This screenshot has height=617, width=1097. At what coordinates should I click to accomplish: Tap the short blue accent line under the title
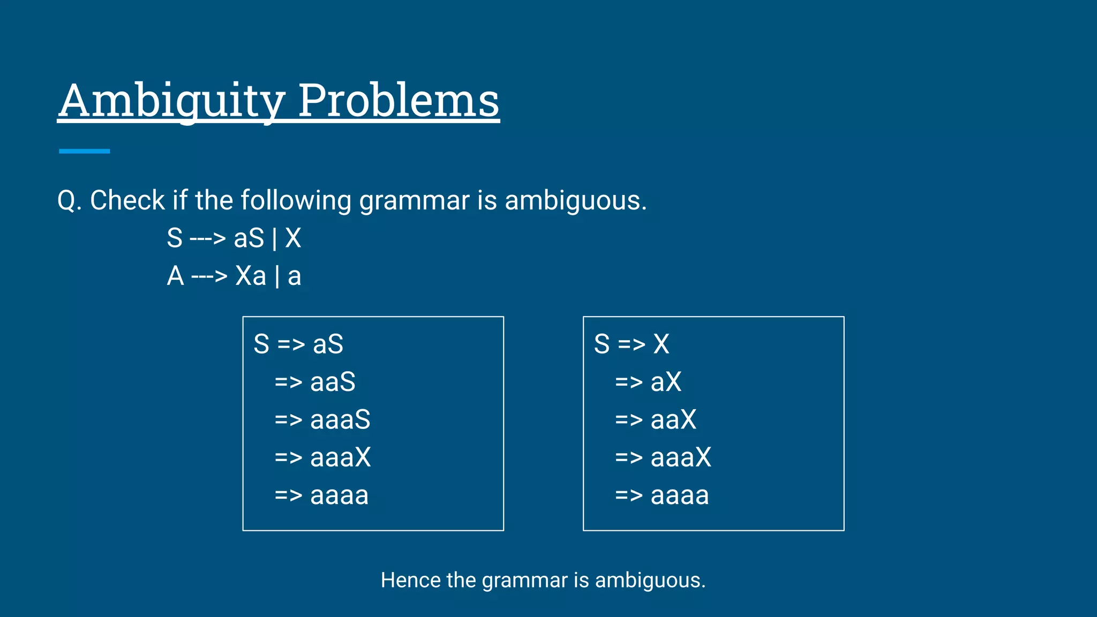point(84,152)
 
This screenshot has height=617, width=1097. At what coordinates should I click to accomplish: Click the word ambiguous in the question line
point(575,201)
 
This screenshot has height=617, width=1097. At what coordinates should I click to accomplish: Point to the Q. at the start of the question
point(69,201)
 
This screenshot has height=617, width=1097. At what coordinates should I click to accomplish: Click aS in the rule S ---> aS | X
point(249,238)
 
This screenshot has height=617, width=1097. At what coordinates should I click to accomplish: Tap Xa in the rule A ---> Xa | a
point(251,276)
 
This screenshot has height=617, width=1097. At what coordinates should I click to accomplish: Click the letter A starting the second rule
point(175,276)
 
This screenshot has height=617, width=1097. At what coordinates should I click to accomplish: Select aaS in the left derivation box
point(333,382)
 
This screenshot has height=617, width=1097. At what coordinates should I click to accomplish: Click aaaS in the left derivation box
point(340,420)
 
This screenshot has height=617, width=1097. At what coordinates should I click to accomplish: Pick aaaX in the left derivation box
point(340,458)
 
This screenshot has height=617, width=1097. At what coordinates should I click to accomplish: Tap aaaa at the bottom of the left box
point(339,496)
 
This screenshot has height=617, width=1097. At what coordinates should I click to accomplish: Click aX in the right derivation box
point(666,382)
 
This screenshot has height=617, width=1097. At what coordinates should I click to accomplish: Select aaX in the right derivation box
point(673,420)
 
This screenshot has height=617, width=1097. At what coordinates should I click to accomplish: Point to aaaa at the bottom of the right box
point(680,496)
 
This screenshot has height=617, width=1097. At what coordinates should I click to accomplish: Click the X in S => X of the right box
point(662,344)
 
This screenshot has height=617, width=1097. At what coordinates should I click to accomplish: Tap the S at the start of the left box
point(261,344)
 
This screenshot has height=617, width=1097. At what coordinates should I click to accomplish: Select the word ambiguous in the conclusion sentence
point(650,581)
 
